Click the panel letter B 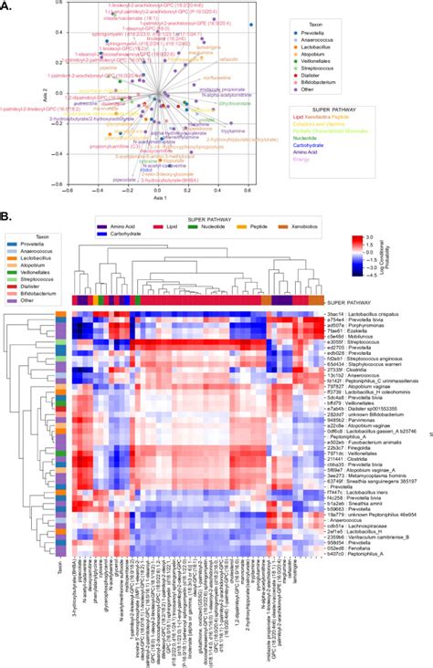click(x=5, y=218)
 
